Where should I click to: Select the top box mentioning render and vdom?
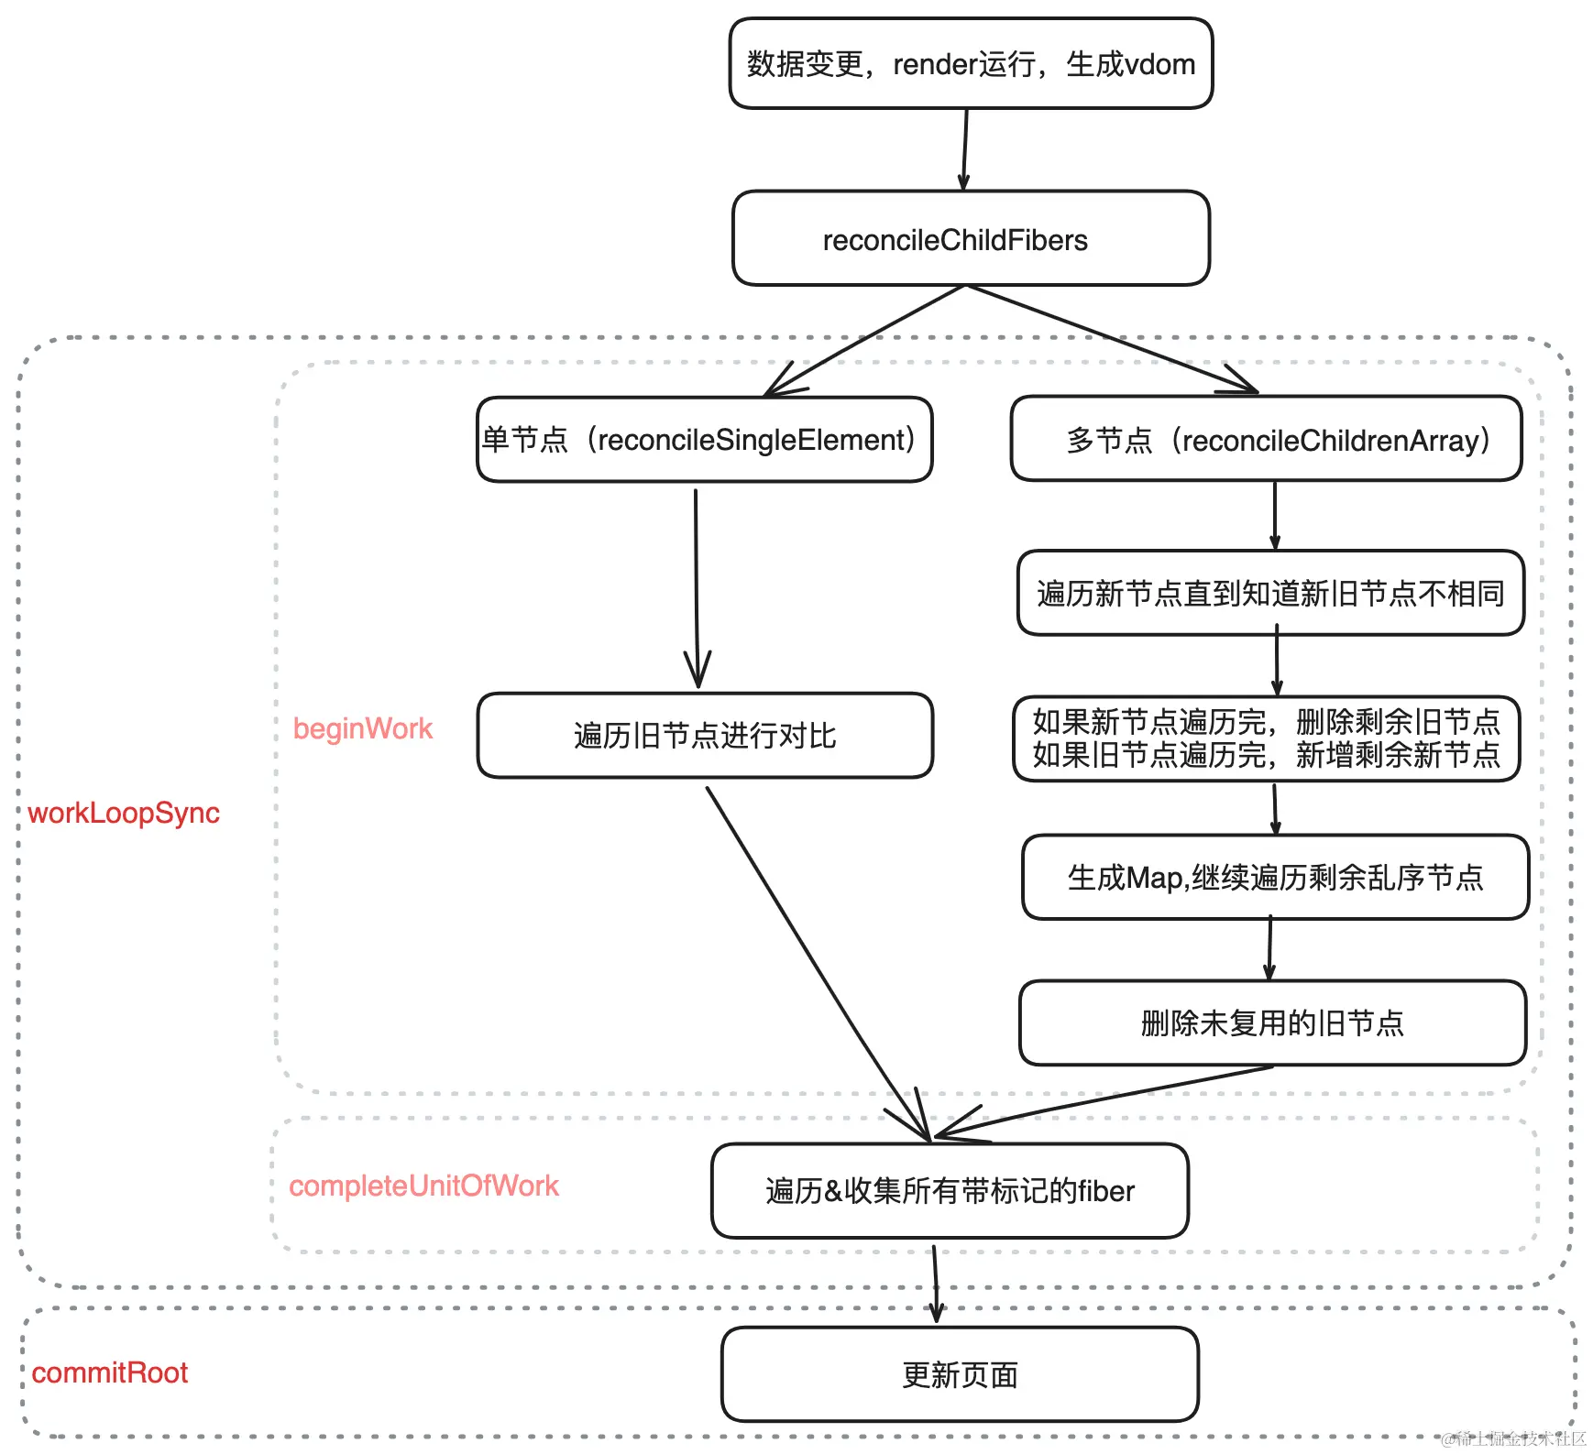971,63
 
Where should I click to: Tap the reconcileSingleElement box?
704,440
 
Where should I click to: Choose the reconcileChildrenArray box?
1266,440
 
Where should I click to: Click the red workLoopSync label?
124,813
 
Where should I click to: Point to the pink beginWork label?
362,728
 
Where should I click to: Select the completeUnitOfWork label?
423,1186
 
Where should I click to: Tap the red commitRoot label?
109,1372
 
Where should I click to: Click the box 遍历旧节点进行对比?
704,736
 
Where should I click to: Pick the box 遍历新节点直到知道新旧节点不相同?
1270,594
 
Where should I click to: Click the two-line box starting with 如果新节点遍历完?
1266,738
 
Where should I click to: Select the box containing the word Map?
1275,878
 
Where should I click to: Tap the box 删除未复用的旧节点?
1272,1023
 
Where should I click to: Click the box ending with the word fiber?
950,1191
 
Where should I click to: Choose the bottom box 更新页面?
960,1374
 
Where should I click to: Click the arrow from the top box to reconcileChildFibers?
965,148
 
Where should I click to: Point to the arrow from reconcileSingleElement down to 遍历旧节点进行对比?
697,586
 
